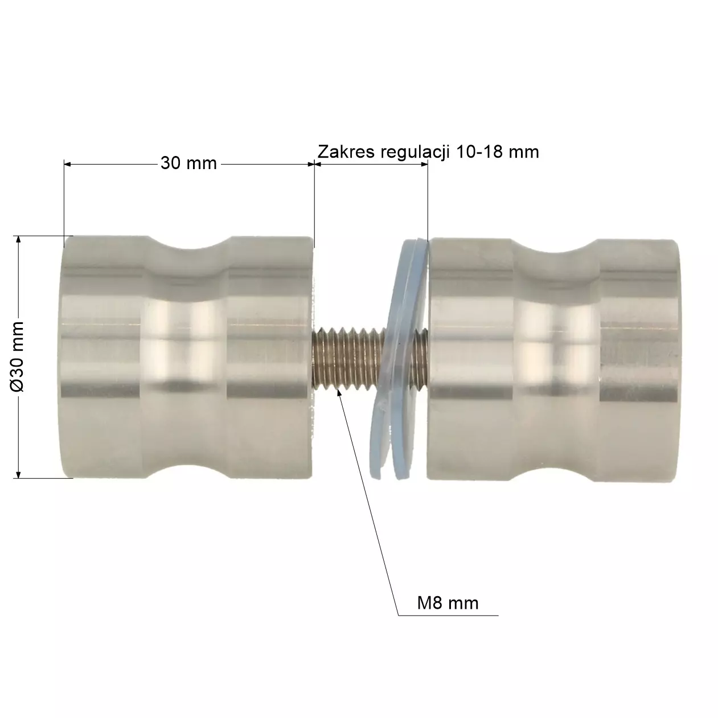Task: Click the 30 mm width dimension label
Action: (188, 163)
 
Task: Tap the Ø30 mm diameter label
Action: (18, 356)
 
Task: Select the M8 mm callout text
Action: (448, 603)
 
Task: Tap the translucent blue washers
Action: (402, 353)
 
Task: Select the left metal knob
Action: (188, 356)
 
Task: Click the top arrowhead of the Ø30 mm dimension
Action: (19, 240)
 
